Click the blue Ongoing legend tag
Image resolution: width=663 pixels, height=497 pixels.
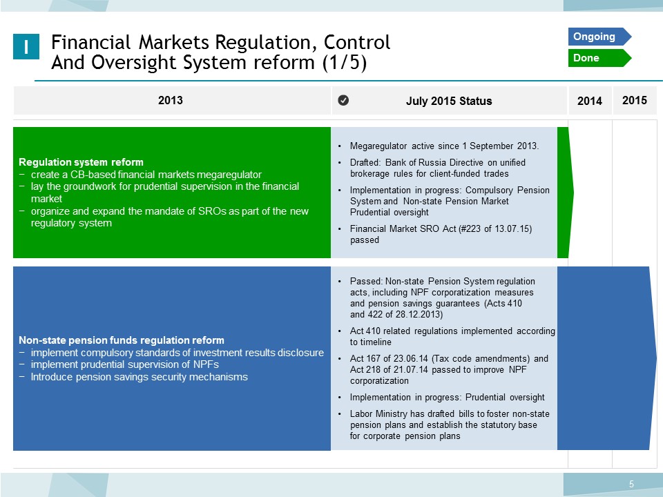pyautogui.click(x=599, y=37)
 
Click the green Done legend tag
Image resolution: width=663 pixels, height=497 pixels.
pyautogui.click(x=599, y=58)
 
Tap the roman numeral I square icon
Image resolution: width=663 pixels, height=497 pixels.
pyautogui.click(x=26, y=46)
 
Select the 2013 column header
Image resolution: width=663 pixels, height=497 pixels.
pyautogui.click(x=171, y=100)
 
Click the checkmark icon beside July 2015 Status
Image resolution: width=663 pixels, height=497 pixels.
pyautogui.click(x=343, y=100)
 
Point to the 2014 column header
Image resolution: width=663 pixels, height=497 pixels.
pyautogui.click(x=589, y=101)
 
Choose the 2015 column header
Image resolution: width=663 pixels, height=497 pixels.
pyautogui.click(x=634, y=100)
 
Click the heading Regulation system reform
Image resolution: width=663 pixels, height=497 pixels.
pyautogui.click(x=81, y=162)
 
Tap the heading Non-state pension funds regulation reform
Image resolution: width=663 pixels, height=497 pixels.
pyautogui.click(x=122, y=340)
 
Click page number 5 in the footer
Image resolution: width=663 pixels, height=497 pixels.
pyautogui.click(x=631, y=484)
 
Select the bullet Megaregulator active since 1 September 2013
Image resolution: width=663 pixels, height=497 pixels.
pyautogui.click(x=444, y=146)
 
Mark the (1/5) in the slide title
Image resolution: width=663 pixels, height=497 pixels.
pyautogui.click(x=344, y=63)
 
